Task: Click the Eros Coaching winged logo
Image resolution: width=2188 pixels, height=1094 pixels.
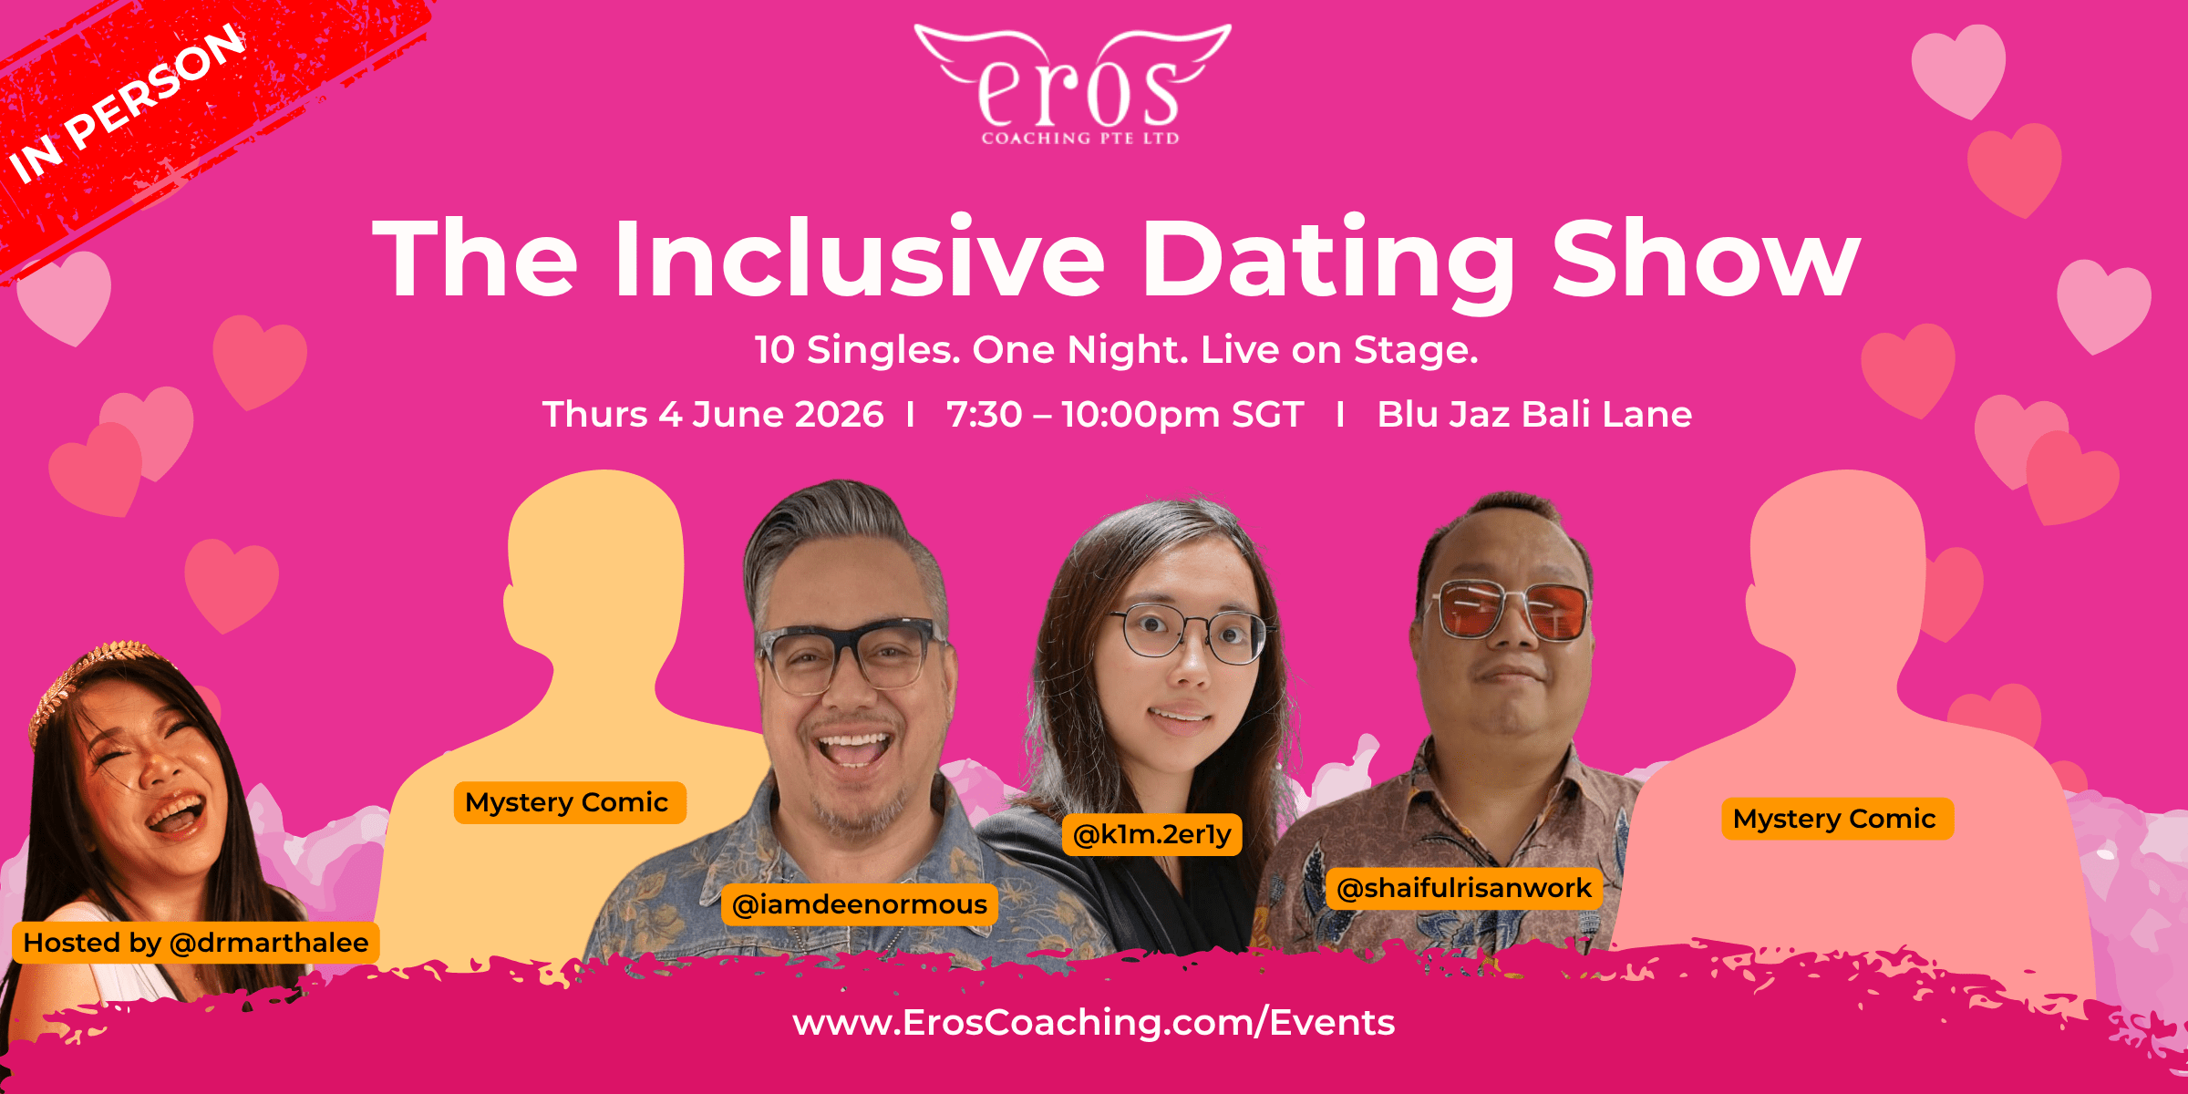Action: click(1074, 84)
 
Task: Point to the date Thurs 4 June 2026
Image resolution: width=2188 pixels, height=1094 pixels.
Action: click(713, 414)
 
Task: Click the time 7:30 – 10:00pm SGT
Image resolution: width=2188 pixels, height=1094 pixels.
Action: click(1126, 414)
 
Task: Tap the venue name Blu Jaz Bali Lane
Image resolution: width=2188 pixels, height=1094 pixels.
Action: click(1534, 414)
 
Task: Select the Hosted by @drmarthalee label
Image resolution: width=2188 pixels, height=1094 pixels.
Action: click(196, 943)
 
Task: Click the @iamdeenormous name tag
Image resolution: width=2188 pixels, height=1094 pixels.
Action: click(860, 904)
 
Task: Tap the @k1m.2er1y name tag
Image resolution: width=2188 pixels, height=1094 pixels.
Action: click(1152, 834)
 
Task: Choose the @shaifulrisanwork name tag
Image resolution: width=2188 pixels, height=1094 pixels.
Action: click(1464, 888)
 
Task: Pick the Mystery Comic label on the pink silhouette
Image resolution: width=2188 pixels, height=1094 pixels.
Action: click(1837, 819)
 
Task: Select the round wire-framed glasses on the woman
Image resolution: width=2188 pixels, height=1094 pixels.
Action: click(1187, 632)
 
